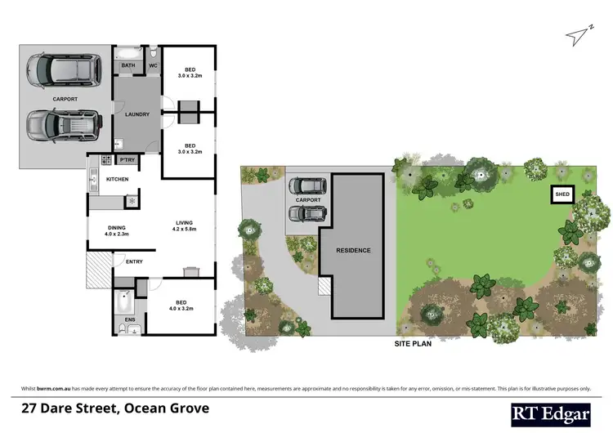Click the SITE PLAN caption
[413, 345]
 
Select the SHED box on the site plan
[562, 194]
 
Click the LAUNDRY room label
[136, 114]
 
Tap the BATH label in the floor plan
[128, 65]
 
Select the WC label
[153, 65]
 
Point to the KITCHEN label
[118, 179]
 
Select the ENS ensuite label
[129, 319]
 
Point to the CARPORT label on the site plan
[308, 200]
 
